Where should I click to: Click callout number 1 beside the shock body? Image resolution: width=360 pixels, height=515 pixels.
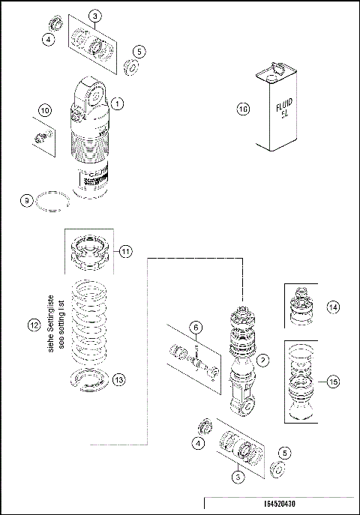click(x=118, y=102)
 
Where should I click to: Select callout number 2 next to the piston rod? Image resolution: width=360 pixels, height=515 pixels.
click(x=262, y=361)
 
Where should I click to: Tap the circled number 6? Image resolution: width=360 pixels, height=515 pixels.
click(x=195, y=327)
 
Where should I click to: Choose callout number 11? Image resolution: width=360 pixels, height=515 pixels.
click(x=125, y=251)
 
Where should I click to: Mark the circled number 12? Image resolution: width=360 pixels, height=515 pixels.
click(x=33, y=326)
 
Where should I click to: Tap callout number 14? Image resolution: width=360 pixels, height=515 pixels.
click(x=332, y=307)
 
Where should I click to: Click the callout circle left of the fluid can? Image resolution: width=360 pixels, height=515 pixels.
click(x=242, y=109)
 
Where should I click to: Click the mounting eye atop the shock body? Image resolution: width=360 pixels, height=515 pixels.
click(x=94, y=95)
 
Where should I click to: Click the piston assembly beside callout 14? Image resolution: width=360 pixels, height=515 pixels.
click(x=300, y=306)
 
